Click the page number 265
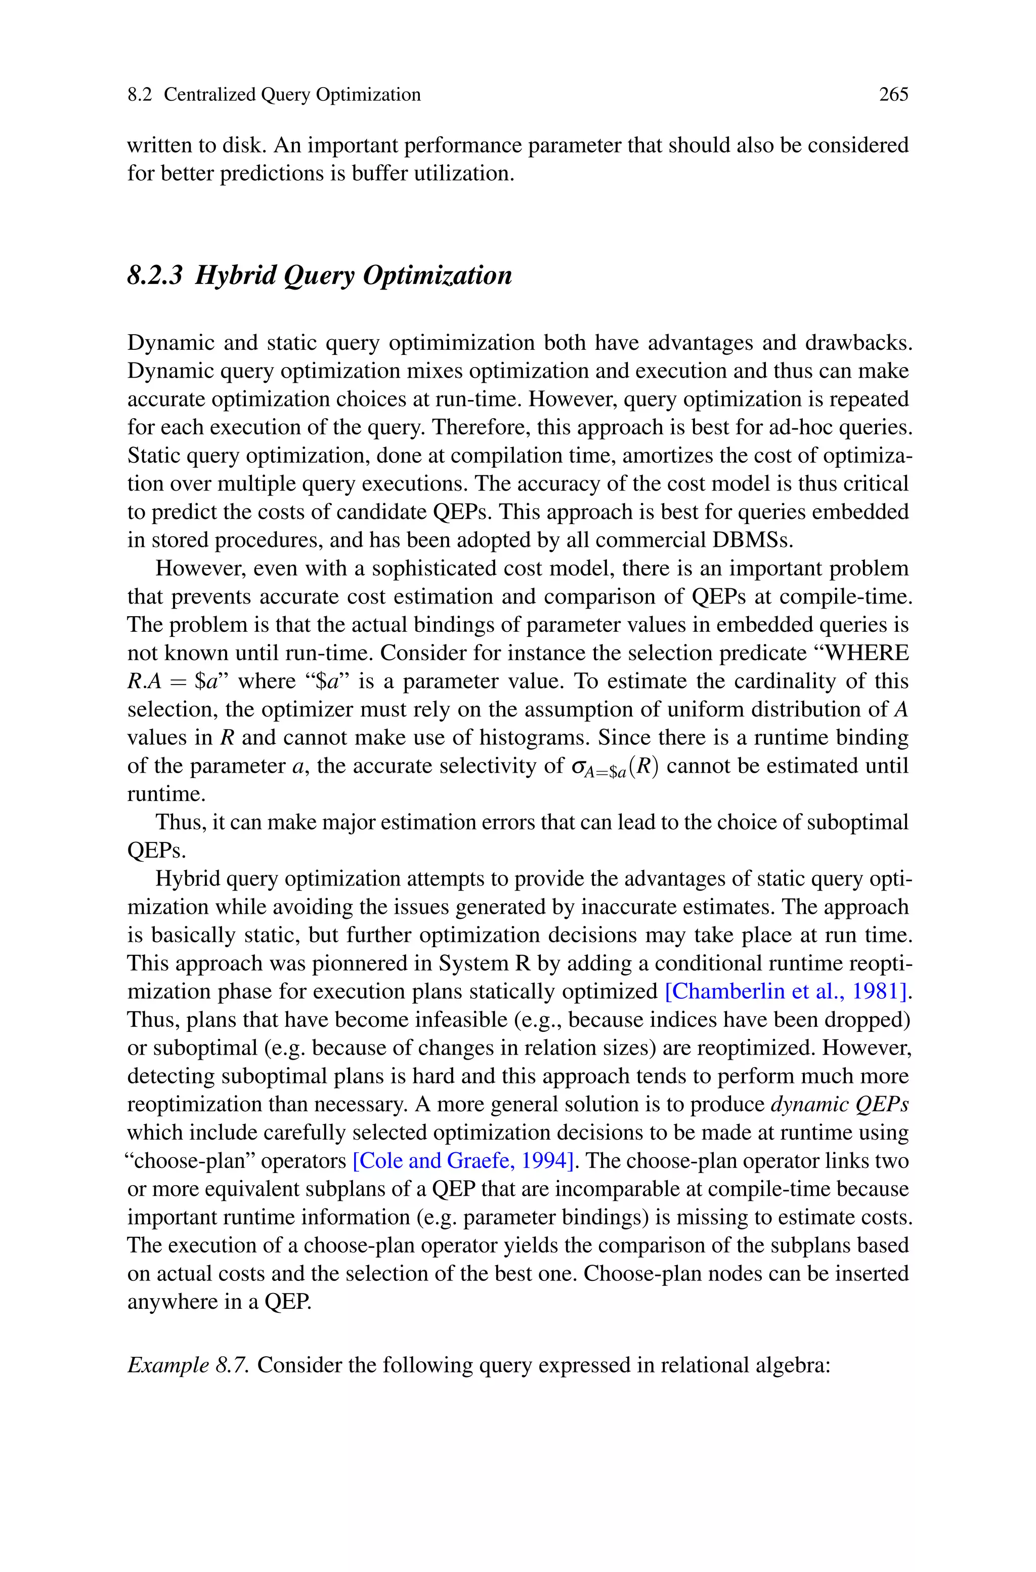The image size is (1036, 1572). point(893,95)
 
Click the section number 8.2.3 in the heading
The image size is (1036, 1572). point(154,275)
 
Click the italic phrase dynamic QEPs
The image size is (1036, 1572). point(840,1105)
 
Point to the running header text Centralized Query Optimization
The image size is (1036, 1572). point(291,95)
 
